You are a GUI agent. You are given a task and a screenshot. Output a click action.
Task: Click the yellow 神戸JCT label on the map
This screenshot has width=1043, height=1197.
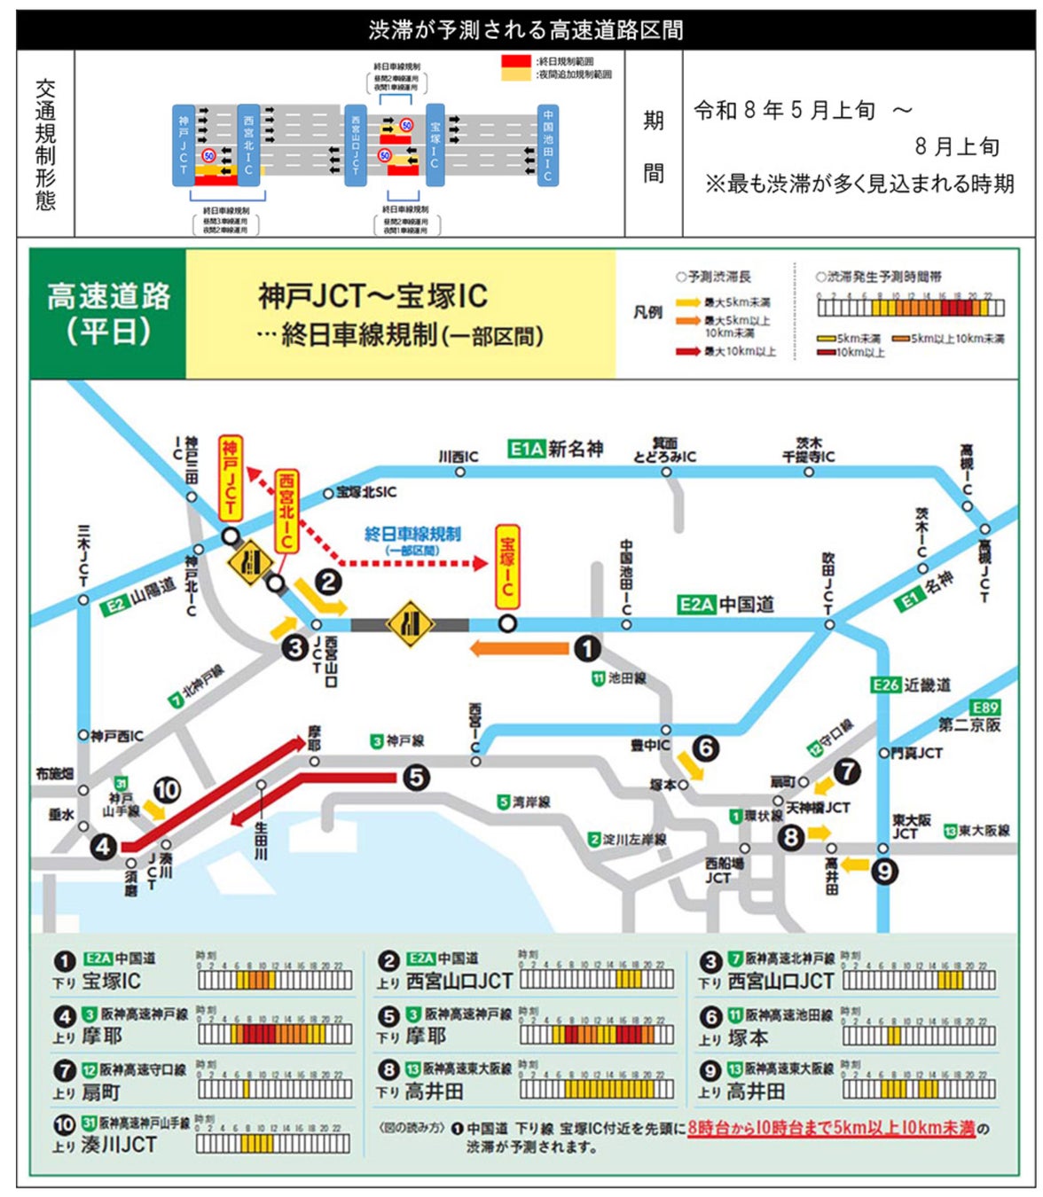click(x=230, y=478)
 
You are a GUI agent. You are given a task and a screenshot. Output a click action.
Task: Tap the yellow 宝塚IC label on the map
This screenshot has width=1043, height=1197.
click(x=507, y=567)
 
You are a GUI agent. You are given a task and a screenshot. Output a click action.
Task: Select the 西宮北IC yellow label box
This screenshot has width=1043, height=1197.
click(x=286, y=511)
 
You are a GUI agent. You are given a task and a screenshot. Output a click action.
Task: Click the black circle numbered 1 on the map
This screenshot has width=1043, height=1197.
click(x=587, y=649)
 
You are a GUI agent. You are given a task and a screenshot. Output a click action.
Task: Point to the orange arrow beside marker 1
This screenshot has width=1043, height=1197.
click(x=519, y=649)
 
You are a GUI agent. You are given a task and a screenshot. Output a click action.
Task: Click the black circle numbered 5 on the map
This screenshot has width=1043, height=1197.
click(x=416, y=778)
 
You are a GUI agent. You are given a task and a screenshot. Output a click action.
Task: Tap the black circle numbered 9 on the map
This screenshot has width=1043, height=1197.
click(x=883, y=872)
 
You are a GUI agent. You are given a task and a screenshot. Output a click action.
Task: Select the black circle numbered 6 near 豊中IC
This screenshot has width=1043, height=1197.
click(x=706, y=748)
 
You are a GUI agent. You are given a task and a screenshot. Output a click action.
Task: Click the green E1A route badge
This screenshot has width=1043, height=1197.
click(x=526, y=449)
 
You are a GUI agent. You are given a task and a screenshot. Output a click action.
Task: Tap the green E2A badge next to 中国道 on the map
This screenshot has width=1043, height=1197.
click(x=695, y=605)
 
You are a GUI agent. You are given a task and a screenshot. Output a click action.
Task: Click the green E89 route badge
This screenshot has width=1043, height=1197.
click(x=984, y=707)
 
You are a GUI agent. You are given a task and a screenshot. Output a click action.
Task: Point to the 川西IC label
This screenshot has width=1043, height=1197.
click(x=459, y=457)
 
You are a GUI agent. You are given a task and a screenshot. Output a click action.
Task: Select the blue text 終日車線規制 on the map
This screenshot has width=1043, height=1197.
click(x=412, y=534)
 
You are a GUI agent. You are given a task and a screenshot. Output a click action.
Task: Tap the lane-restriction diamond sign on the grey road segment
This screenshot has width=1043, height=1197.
click(x=410, y=624)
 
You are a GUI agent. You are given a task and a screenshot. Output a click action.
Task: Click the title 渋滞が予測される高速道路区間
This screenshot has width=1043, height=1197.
click(x=526, y=30)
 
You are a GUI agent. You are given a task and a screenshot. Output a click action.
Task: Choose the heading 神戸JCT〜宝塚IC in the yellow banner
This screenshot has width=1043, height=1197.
click(x=372, y=296)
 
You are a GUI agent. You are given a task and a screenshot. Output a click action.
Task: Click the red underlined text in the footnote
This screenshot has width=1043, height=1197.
click(x=831, y=1128)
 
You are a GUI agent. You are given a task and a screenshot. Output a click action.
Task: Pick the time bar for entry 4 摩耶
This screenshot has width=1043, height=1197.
click(x=275, y=1034)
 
